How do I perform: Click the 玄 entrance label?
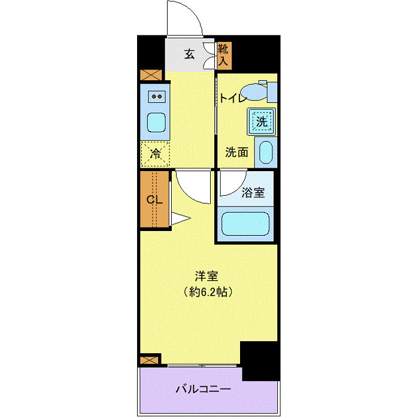point(189,54)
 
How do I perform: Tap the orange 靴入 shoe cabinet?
point(224,56)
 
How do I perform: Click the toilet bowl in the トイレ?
point(254,92)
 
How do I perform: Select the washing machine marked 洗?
point(262,122)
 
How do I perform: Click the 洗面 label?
point(236,152)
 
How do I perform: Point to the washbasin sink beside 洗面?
point(266,152)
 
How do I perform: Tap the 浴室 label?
point(253,192)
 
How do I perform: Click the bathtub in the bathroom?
point(245,224)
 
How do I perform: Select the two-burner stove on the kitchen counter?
point(157,97)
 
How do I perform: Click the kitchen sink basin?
point(156,122)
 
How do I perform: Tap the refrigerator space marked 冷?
point(155,154)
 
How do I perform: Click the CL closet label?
point(154,199)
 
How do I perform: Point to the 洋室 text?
point(207,277)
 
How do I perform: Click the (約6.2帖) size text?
point(208,292)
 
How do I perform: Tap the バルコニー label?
point(203,389)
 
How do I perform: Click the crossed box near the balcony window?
point(150,360)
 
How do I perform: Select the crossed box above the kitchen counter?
point(151,75)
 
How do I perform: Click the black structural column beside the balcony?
point(260,361)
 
